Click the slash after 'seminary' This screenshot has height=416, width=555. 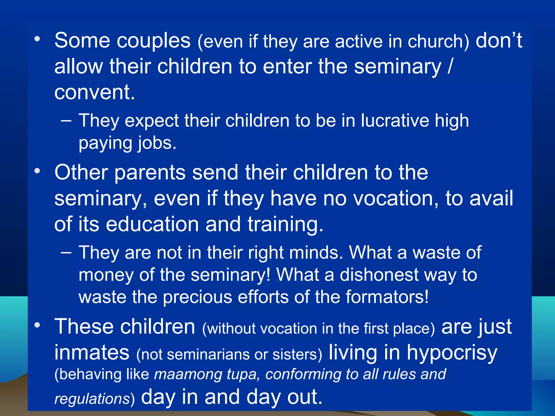(x=450, y=66)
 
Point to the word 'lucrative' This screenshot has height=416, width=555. (x=395, y=121)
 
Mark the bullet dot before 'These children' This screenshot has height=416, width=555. (x=37, y=325)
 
